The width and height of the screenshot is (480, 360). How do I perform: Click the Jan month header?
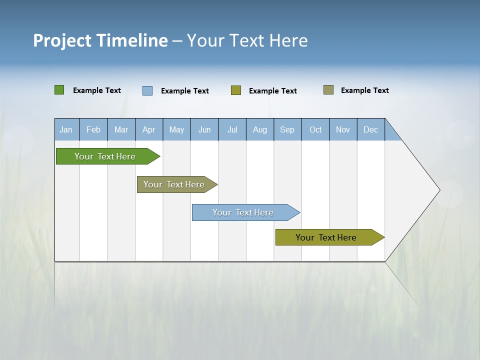[x=66, y=129]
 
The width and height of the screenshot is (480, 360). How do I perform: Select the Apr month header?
[x=149, y=129]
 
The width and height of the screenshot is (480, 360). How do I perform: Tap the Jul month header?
[x=232, y=129]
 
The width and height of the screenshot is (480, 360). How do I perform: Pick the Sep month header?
[x=287, y=129]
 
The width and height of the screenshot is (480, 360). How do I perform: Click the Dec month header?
[x=371, y=129]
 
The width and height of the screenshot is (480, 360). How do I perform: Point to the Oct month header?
[x=315, y=129]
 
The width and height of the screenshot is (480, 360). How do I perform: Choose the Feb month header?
[x=93, y=129]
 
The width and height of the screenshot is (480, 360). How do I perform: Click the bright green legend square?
[x=59, y=90]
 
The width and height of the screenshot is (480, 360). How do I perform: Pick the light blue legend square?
[x=147, y=90]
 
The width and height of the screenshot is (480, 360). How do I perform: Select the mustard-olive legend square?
[x=236, y=90]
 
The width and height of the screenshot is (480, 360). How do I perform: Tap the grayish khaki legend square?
[x=328, y=90]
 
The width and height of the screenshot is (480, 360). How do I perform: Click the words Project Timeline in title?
[x=100, y=40]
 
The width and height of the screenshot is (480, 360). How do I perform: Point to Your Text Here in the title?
[x=247, y=40]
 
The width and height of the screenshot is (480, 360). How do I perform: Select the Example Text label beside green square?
[x=97, y=90]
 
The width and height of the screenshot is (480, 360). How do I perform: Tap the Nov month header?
[x=343, y=129]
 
